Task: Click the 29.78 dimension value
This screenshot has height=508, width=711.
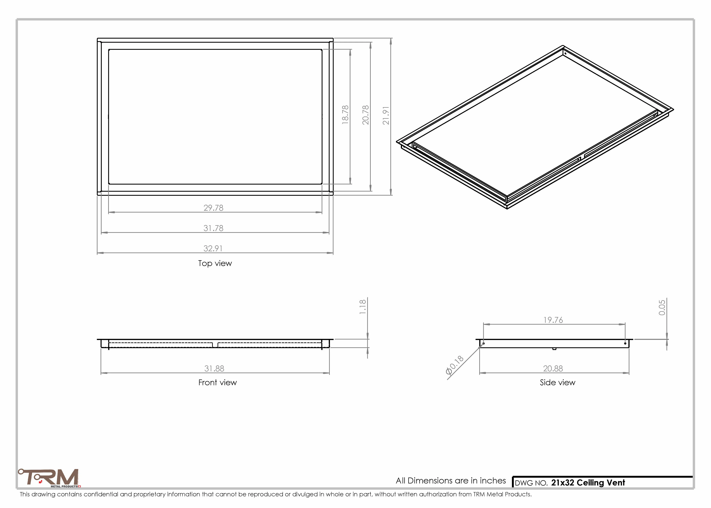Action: [x=213, y=208]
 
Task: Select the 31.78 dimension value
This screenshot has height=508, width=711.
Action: [x=213, y=228]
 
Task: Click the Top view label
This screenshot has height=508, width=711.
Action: [x=215, y=263]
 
